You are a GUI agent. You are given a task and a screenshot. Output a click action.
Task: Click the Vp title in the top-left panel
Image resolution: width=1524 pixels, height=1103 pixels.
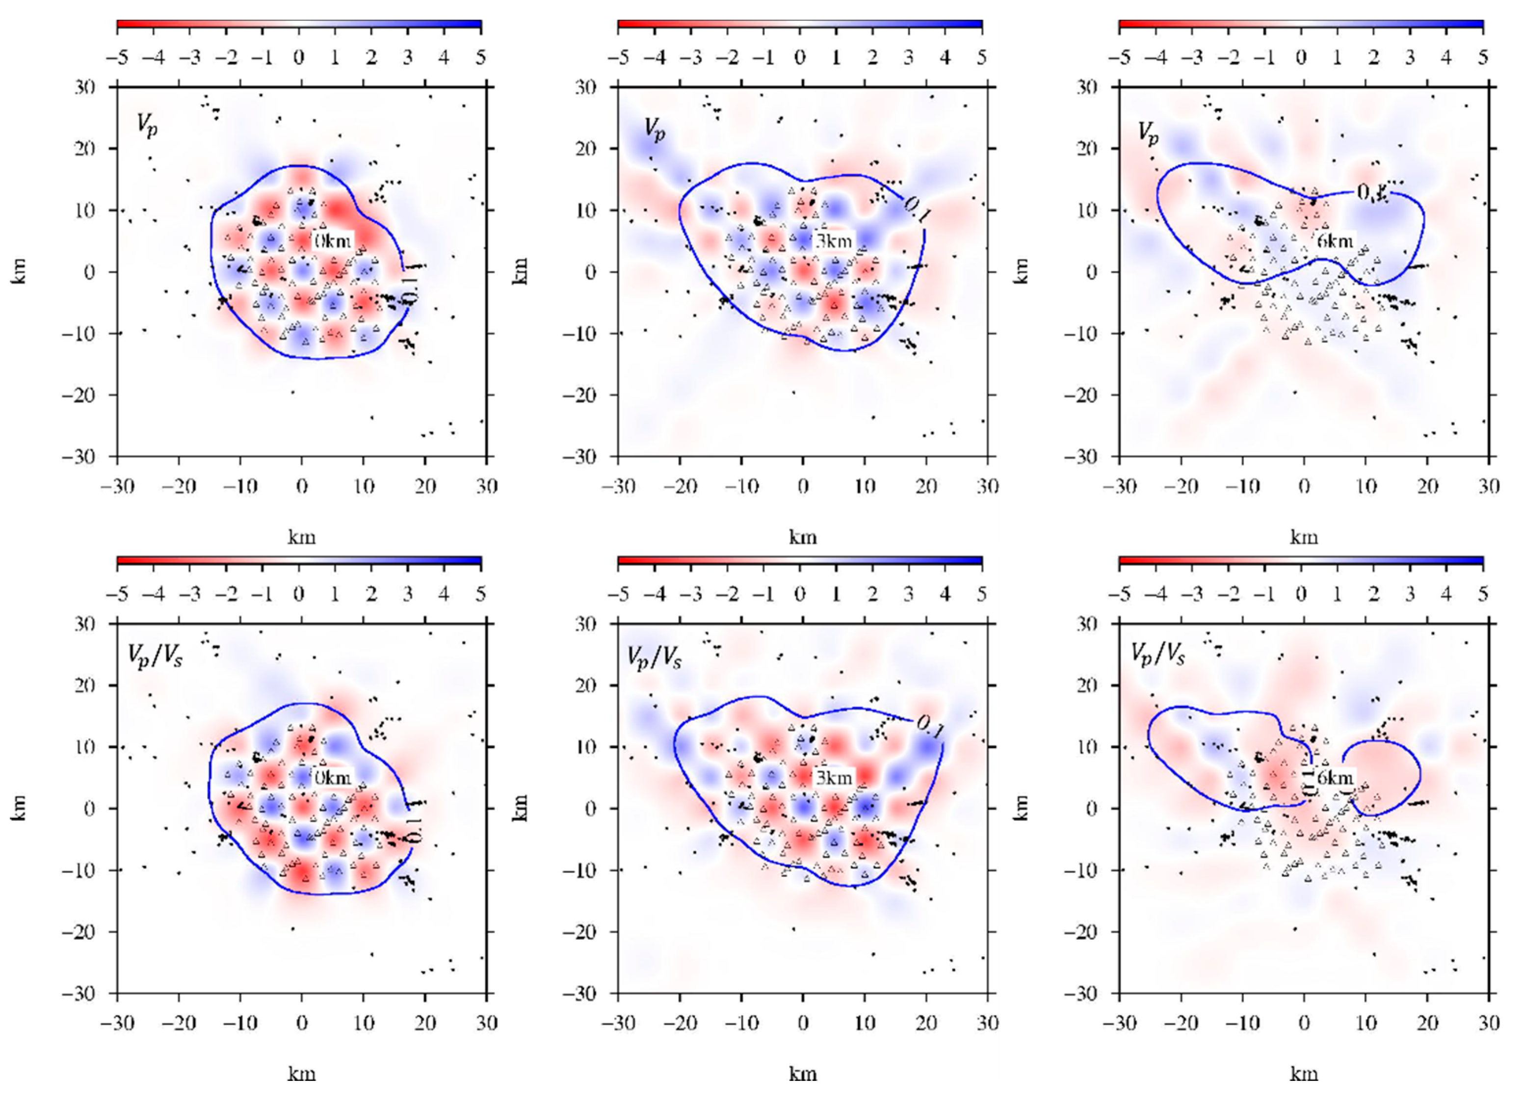point(147,125)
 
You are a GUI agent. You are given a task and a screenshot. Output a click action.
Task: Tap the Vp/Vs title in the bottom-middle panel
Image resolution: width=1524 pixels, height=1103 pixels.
point(654,656)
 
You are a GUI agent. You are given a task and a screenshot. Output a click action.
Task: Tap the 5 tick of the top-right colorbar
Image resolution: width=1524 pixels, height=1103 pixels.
point(1483,58)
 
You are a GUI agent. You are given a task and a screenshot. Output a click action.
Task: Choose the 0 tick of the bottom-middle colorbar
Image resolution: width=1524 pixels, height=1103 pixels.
point(800,594)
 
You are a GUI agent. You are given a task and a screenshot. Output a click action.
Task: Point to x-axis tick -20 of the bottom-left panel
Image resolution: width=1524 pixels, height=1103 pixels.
point(178,1023)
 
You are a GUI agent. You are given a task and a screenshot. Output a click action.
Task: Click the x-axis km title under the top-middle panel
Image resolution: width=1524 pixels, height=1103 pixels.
point(802,537)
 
